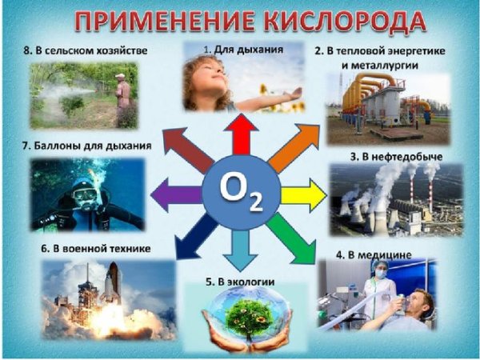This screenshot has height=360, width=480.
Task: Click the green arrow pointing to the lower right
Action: (x=289, y=238)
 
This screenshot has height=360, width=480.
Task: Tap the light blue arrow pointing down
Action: (x=241, y=252)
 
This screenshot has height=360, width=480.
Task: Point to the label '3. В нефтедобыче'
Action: (x=396, y=154)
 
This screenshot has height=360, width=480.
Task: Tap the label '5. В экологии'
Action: (x=240, y=282)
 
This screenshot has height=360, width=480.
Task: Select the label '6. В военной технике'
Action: (x=97, y=249)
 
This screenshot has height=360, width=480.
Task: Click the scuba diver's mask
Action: (x=83, y=190)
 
